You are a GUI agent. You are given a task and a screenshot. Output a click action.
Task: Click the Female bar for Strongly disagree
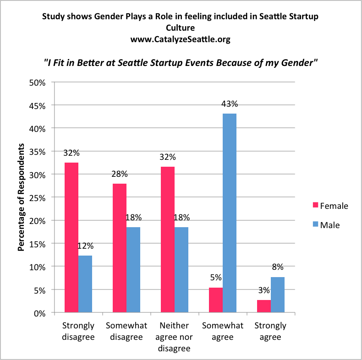pyautogui.click(x=71, y=238)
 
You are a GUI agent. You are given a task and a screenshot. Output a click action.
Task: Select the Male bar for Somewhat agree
pyautogui.click(x=230, y=213)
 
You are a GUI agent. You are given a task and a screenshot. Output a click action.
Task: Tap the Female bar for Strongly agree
pyautogui.click(x=264, y=306)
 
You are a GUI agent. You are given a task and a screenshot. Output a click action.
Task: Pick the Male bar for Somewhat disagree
pyautogui.click(x=133, y=270)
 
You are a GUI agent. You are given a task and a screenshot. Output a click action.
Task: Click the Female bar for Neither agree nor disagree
pyautogui.click(x=168, y=240)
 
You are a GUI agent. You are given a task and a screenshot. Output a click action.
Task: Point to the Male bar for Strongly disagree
pyautogui.click(x=85, y=284)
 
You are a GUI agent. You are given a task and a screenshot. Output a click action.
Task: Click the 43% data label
pyautogui.click(x=229, y=104)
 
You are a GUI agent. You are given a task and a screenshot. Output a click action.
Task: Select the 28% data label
pyautogui.click(x=119, y=174)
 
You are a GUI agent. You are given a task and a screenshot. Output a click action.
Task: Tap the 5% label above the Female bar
pyautogui.click(x=216, y=278)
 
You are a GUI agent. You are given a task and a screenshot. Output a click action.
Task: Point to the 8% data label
pyautogui.click(x=278, y=267)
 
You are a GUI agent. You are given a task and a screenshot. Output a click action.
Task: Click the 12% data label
pyautogui.click(x=85, y=246)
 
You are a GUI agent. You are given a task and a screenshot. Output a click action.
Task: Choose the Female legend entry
pyautogui.click(x=328, y=206)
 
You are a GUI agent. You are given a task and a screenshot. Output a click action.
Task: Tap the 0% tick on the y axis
pyautogui.click(x=40, y=313)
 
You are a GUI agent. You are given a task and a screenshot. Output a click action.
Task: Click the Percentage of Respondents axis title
pyautogui.click(x=21, y=198)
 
